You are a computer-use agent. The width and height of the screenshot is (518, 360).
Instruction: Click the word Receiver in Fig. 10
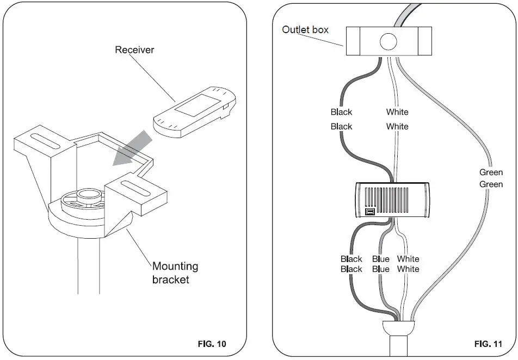tap(134, 50)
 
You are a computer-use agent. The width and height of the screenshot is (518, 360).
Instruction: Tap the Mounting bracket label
tap(175, 273)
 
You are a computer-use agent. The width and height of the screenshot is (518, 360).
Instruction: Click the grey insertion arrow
tap(132, 148)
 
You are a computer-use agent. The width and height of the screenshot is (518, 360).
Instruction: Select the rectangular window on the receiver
tap(197, 105)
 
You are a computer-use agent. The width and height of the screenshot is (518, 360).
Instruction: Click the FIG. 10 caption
tap(212, 344)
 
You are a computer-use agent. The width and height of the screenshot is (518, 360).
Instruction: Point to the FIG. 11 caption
tap(488, 344)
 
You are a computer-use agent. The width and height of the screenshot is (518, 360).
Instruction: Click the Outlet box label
tap(305, 30)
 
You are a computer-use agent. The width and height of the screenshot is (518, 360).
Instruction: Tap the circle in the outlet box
tap(388, 42)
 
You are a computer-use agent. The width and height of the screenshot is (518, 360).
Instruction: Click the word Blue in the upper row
tap(381, 259)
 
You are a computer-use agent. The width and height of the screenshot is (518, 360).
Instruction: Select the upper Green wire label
tap(491, 172)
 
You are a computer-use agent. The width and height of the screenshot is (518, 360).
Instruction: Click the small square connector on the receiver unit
tap(369, 212)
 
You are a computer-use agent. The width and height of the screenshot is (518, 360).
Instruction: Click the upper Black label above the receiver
tap(342, 112)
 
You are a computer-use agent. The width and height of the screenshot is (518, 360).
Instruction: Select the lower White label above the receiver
tap(397, 127)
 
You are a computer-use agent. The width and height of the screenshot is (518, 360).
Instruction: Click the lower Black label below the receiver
tap(351, 269)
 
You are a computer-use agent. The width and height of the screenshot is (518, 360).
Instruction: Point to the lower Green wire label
tap(491, 184)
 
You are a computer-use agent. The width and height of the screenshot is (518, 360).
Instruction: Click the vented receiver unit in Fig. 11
tap(392, 200)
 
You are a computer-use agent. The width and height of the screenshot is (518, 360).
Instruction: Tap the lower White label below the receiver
tap(408, 269)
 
